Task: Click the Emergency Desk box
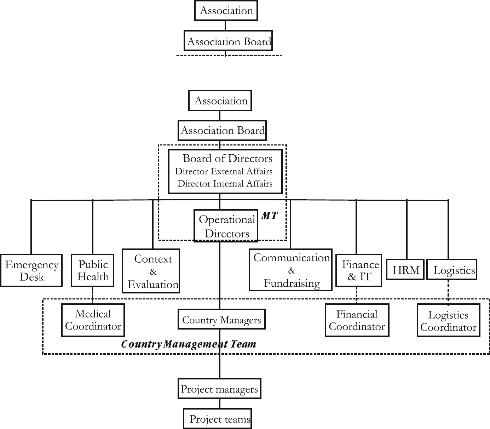(x=31, y=270)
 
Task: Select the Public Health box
(x=93, y=270)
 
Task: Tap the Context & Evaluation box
(x=151, y=271)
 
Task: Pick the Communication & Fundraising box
(x=291, y=270)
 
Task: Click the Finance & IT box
(x=359, y=270)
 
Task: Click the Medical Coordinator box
(x=93, y=320)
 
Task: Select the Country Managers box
(x=221, y=320)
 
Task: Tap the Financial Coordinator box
(x=357, y=320)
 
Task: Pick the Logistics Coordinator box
(x=448, y=321)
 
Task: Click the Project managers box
(x=219, y=389)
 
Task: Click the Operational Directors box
(x=226, y=226)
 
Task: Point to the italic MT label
(x=270, y=216)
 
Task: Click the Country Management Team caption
(x=189, y=344)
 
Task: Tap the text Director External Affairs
(x=224, y=172)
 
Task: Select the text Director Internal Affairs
(x=225, y=184)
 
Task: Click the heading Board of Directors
(x=227, y=158)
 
